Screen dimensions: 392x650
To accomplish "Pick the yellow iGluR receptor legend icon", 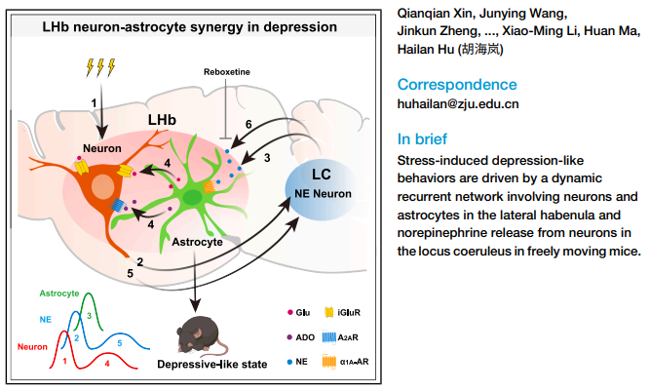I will [x=341, y=314].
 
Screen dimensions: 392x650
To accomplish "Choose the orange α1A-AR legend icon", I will [x=341, y=360].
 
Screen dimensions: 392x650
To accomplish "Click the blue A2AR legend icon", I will [x=341, y=336].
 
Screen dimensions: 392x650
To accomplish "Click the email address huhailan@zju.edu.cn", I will [x=458, y=103].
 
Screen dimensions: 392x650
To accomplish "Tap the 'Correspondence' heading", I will [x=458, y=84].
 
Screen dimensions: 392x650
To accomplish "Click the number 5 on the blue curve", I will [x=120, y=343].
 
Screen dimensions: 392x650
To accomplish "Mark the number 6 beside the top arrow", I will [x=249, y=126].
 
